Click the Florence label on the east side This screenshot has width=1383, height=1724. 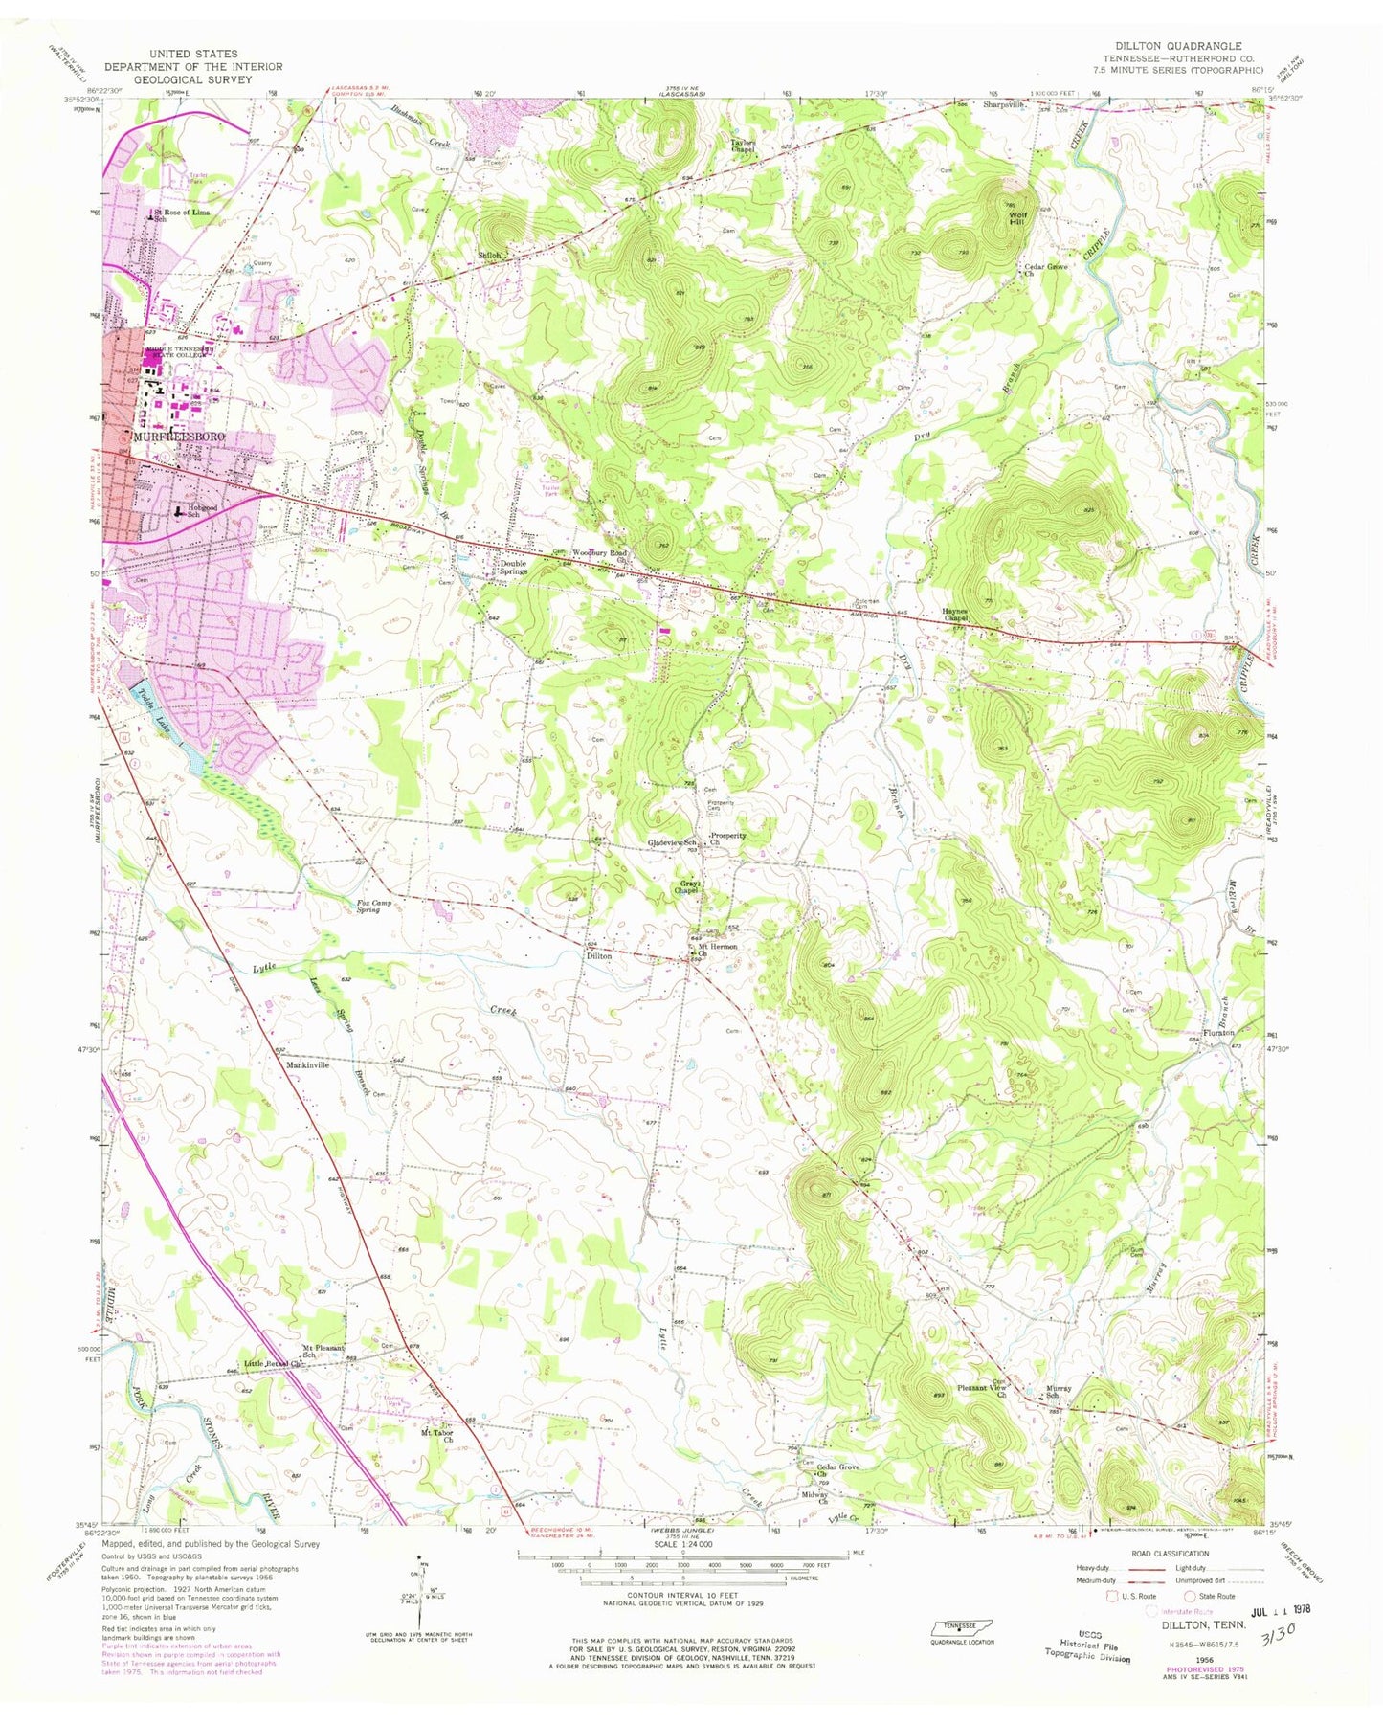1219,1033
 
